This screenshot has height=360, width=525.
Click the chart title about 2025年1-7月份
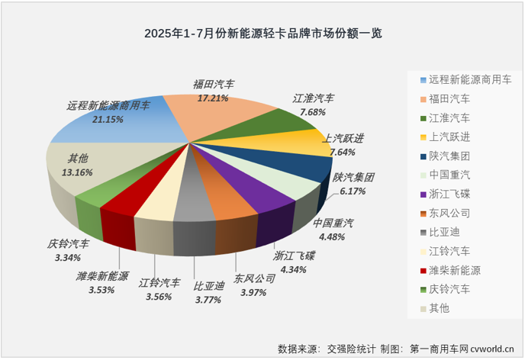pyautogui.click(x=262, y=34)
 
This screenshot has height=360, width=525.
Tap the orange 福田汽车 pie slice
pyautogui.click(x=221, y=114)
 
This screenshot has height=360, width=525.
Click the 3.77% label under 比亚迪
pyautogui.click(x=208, y=300)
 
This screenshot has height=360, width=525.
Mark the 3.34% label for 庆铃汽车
pyautogui.click(x=66, y=259)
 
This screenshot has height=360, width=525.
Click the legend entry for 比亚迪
pyautogui.click(x=444, y=231)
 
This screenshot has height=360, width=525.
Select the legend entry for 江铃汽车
pyautogui.click(x=450, y=250)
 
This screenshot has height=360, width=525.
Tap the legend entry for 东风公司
pyautogui.click(x=450, y=212)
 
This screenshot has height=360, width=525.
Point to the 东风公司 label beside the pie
pyautogui.click(x=254, y=278)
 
